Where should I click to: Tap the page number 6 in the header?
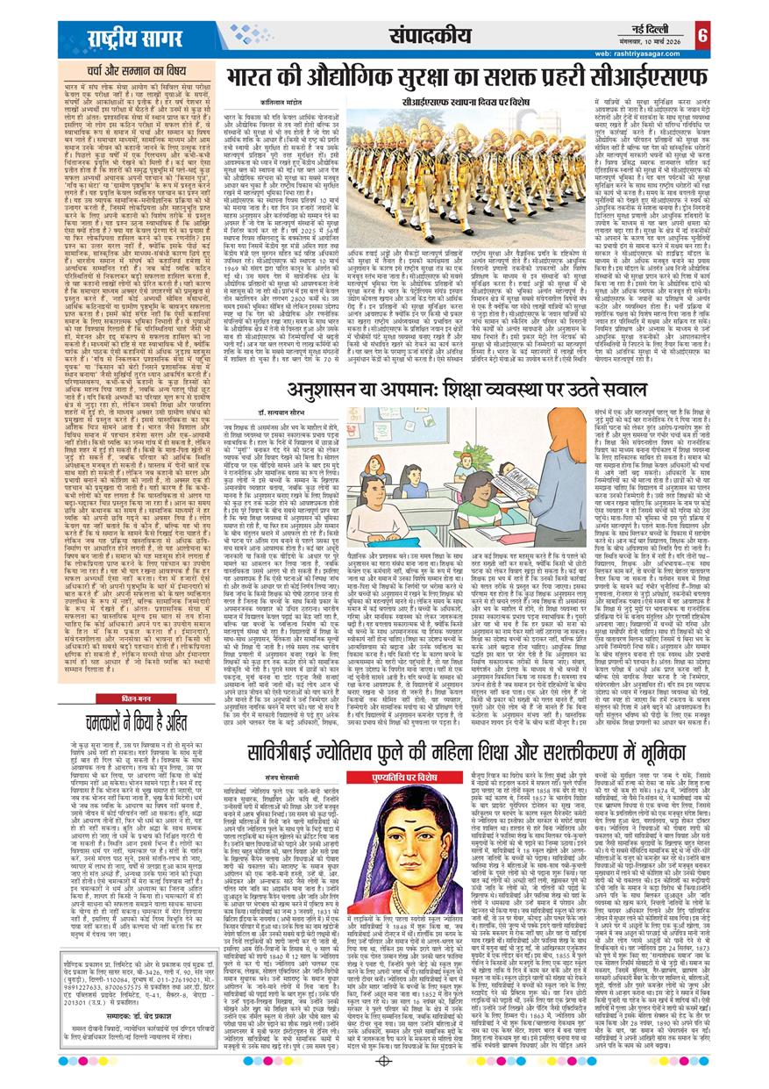coord(702,36)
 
